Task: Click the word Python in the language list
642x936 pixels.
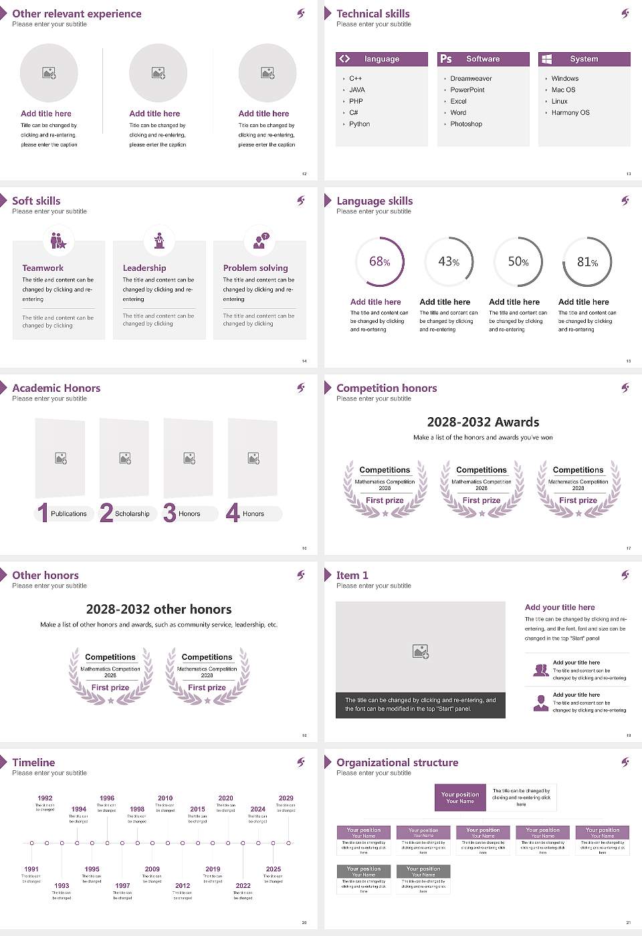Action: tap(359, 124)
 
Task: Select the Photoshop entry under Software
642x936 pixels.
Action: tap(466, 124)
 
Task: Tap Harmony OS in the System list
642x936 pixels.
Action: tap(570, 113)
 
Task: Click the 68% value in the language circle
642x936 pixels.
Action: tap(379, 261)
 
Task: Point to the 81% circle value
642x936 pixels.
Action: tap(587, 262)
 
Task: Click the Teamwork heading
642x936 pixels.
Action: tap(43, 268)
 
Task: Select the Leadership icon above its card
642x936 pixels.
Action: tap(159, 240)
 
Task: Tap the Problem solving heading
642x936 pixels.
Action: tap(255, 268)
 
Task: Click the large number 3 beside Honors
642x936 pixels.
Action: tap(170, 513)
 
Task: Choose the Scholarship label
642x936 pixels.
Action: tap(132, 514)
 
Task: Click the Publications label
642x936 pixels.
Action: tap(69, 514)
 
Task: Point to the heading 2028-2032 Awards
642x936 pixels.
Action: tap(483, 423)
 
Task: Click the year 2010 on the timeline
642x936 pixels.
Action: tap(165, 798)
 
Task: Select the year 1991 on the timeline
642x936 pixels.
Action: tap(31, 869)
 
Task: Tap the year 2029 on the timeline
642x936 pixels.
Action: tap(286, 798)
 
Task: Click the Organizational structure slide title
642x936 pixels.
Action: tap(397, 763)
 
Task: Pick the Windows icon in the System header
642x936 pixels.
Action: tap(546, 59)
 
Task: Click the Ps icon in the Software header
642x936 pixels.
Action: tap(446, 59)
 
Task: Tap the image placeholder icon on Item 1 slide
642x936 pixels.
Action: tap(421, 651)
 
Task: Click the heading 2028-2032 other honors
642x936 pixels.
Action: tap(159, 610)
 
